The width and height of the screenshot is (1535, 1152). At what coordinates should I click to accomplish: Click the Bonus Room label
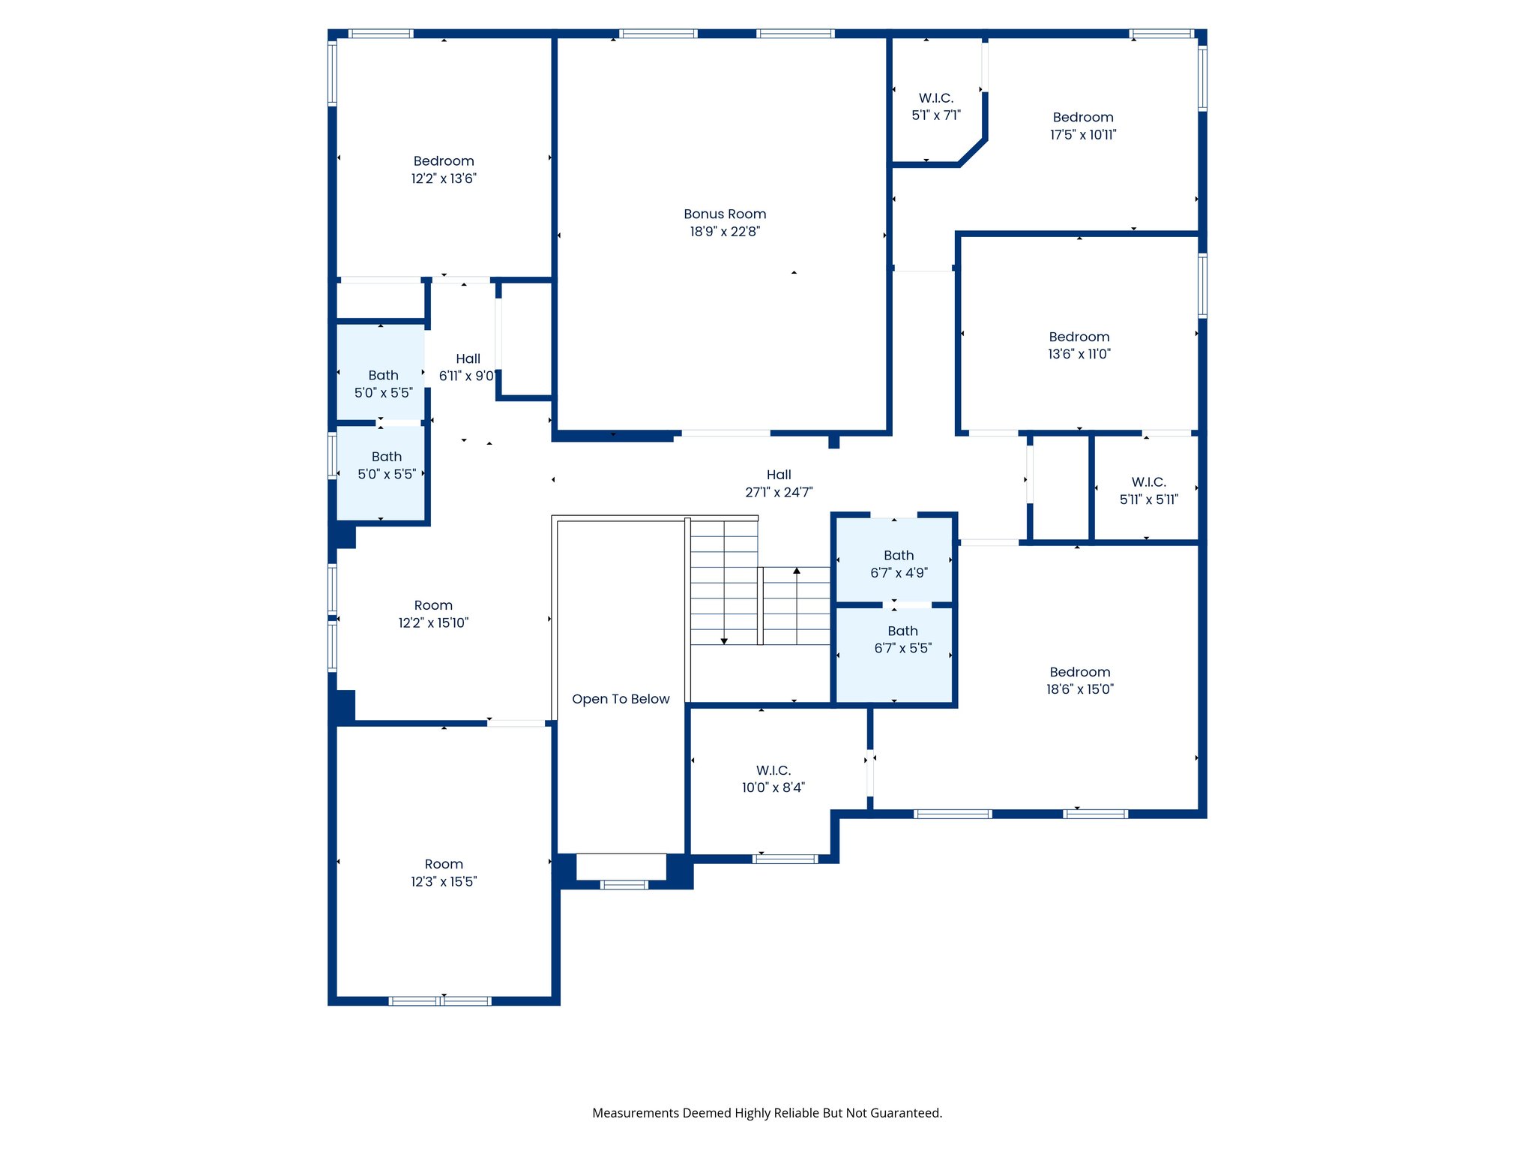coord(724,214)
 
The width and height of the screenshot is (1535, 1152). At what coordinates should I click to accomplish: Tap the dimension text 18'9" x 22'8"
coord(724,232)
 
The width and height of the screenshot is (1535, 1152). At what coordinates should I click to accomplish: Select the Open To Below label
coord(621,699)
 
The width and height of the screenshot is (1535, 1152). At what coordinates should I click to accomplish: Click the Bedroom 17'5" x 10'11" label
coord(1082,126)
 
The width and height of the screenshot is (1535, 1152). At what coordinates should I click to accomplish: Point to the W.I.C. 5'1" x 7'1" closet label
coord(935,106)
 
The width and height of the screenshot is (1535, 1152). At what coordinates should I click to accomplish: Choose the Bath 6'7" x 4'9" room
coord(898,564)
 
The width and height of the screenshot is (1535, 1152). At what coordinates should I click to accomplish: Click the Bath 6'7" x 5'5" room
coord(902,640)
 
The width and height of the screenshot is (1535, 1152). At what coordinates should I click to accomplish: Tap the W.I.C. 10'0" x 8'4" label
coord(773,778)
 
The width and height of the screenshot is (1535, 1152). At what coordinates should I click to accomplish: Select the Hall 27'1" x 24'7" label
coord(778,484)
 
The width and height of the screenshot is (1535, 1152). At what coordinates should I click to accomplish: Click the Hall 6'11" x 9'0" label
coord(467,367)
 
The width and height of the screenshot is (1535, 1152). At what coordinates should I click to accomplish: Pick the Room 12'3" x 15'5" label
coord(443,873)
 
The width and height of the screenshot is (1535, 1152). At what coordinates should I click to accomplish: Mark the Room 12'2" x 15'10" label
coord(433,613)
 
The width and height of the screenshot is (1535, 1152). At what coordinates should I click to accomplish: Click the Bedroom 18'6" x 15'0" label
coord(1079,680)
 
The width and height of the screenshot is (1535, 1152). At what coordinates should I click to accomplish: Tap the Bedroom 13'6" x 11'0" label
coord(1079,346)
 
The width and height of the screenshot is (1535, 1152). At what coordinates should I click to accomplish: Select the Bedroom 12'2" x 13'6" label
coord(443,169)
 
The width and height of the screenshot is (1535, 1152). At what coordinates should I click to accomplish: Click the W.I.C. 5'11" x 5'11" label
coord(1148,490)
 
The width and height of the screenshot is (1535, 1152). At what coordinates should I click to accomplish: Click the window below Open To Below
coord(624,885)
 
